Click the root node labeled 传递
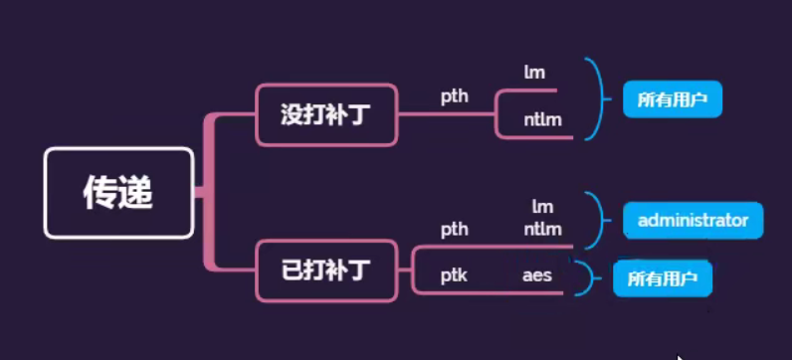pyautogui.click(x=118, y=193)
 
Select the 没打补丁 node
pyautogui.click(x=326, y=113)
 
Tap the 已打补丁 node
pyautogui.click(x=326, y=270)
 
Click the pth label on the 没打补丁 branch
pyautogui.click(x=455, y=96)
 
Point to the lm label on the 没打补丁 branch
pyautogui.click(x=534, y=72)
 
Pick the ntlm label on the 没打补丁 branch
pyautogui.click(x=543, y=120)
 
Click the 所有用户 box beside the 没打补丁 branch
pyautogui.click(x=672, y=100)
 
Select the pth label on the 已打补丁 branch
pyautogui.click(x=455, y=230)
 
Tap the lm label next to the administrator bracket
pyautogui.click(x=542, y=207)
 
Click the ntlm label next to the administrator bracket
pyautogui.click(x=542, y=230)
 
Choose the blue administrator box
pyautogui.click(x=693, y=220)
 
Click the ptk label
pyautogui.click(x=455, y=274)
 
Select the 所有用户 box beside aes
pyautogui.click(x=663, y=279)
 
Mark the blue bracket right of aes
pyautogui.click(x=589, y=278)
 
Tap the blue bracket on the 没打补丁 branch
pyautogui.click(x=600, y=99)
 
